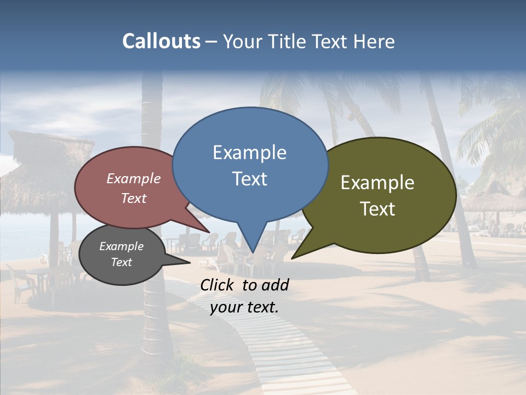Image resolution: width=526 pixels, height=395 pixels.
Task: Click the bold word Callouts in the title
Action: (x=161, y=41)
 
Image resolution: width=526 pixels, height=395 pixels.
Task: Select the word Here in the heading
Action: (x=375, y=41)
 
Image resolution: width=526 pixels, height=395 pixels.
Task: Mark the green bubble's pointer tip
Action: (x=292, y=258)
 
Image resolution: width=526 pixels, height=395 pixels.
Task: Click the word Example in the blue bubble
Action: (x=249, y=153)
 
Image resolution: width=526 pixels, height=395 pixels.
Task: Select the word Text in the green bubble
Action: (x=378, y=209)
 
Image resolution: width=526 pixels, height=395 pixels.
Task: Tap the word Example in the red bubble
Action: (x=134, y=179)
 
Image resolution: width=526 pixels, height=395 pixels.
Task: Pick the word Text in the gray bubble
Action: (x=122, y=262)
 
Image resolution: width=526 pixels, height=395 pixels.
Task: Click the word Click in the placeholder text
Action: (x=218, y=285)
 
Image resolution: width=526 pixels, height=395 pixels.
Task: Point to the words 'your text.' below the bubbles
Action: (x=244, y=307)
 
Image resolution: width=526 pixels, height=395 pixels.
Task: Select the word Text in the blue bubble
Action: (x=250, y=179)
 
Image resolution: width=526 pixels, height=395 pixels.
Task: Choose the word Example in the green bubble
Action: (x=378, y=183)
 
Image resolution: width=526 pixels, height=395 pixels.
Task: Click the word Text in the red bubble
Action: (x=134, y=198)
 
